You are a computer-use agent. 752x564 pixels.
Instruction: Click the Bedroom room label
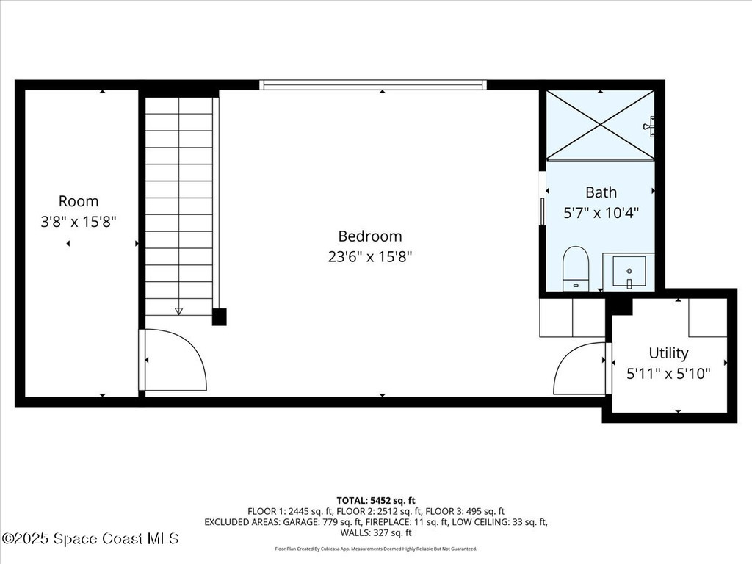pos(370,236)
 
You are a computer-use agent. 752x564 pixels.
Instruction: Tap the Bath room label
pos(601,192)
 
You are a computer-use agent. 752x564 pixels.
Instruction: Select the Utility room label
pos(668,352)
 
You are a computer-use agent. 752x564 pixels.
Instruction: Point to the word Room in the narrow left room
pos(79,201)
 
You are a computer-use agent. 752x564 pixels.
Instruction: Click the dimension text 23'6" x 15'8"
pos(370,257)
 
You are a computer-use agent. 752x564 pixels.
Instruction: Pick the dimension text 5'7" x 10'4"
pos(601,213)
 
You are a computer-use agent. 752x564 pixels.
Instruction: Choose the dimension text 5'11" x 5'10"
pos(668,373)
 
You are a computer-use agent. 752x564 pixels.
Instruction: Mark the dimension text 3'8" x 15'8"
pos(79,221)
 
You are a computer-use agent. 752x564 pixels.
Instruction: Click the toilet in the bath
pos(576,269)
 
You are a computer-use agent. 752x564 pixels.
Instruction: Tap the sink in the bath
pos(629,270)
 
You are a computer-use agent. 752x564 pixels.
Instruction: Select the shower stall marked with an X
pos(599,125)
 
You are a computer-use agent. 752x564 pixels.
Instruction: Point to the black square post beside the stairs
pos(219,317)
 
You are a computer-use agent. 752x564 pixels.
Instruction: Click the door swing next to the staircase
pos(175,360)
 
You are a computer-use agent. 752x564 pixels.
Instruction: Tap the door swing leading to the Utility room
pos(580,369)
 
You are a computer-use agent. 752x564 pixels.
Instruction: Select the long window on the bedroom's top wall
pos(374,85)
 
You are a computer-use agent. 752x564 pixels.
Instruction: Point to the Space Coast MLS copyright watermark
pos(90,538)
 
